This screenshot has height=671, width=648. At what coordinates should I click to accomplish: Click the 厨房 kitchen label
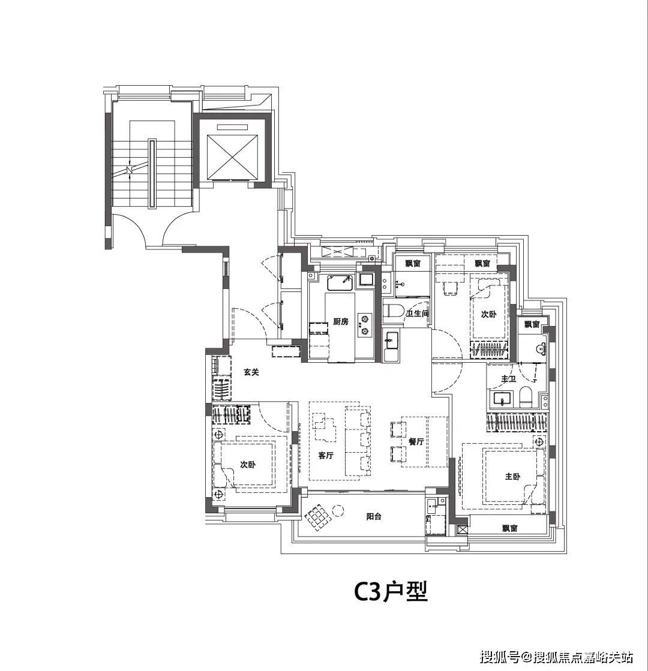coord(341,321)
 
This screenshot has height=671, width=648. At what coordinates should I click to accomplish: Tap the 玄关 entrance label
coord(251,372)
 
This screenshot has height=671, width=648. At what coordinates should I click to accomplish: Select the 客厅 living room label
coord(326,455)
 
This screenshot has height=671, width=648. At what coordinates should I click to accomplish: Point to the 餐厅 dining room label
coord(416,441)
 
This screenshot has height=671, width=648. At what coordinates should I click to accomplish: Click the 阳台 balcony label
coord(374,516)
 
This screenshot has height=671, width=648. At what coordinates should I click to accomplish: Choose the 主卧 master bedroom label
coord(512,476)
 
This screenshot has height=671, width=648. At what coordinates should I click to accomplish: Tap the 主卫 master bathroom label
coord(509,379)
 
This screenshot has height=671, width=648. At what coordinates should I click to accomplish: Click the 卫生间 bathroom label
coord(417,314)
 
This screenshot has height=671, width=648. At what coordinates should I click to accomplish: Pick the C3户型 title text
coord(391,592)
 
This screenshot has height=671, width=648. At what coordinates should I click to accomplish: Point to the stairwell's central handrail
coord(152,173)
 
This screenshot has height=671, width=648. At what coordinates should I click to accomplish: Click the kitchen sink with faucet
coord(340,282)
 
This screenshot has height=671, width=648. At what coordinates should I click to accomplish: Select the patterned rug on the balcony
coord(318,517)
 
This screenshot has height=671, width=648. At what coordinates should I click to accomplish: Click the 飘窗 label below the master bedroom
coord(509,528)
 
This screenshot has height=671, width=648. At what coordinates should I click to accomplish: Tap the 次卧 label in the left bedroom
coord(247,465)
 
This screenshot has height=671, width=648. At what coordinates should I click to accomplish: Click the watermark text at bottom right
coord(556,657)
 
